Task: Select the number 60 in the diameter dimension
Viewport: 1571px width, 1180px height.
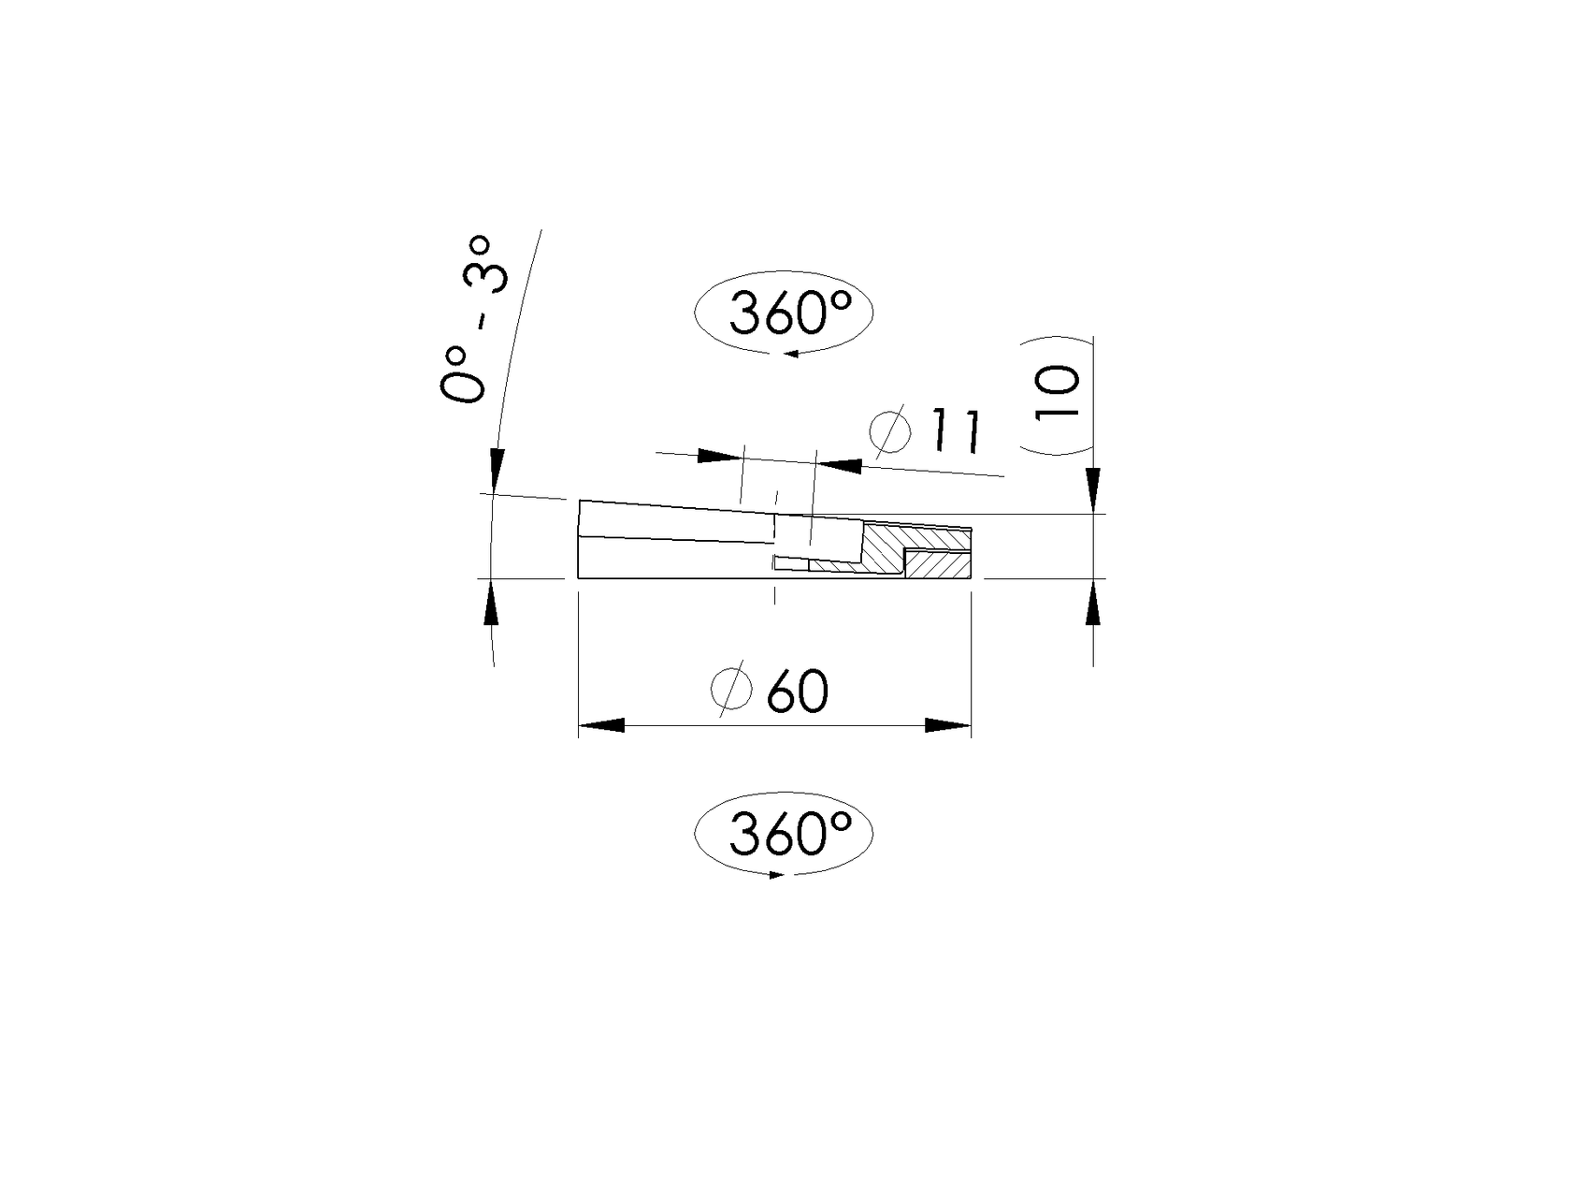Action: click(x=798, y=693)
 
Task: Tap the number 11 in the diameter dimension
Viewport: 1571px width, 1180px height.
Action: click(x=954, y=431)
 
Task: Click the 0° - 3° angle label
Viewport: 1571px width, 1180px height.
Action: click(x=475, y=321)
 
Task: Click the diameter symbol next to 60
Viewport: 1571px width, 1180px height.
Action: click(x=731, y=690)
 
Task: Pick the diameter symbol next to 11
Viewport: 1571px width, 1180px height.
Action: click(x=889, y=428)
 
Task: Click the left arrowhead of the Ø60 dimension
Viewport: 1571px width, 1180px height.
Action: click(x=601, y=725)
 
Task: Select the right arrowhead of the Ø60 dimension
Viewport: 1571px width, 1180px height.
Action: click(x=947, y=725)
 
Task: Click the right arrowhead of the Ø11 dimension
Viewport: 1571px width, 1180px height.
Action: click(x=839, y=464)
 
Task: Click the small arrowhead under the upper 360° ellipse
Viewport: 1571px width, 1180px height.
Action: click(x=791, y=354)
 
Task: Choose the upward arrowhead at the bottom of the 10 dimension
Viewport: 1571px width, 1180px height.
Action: click(x=1093, y=604)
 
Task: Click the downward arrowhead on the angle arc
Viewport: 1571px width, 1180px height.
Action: click(x=497, y=466)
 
